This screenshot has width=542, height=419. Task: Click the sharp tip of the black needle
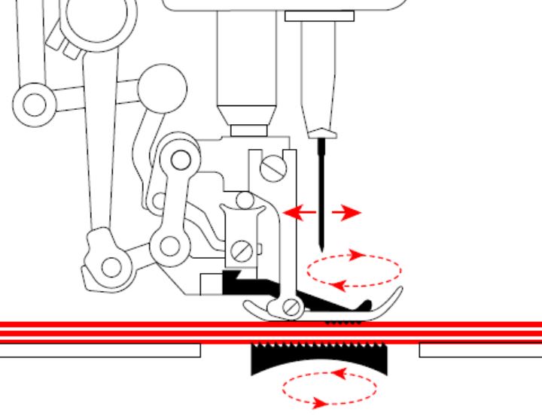pos(322,250)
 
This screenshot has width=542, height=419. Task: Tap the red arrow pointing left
pos(299,214)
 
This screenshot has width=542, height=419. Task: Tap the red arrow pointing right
pos(346,214)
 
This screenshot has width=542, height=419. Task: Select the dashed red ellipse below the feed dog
pos(329,388)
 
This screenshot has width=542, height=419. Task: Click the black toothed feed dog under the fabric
pos(320,358)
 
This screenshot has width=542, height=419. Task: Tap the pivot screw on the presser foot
pos(292,307)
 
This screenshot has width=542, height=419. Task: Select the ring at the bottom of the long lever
pos(111,265)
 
